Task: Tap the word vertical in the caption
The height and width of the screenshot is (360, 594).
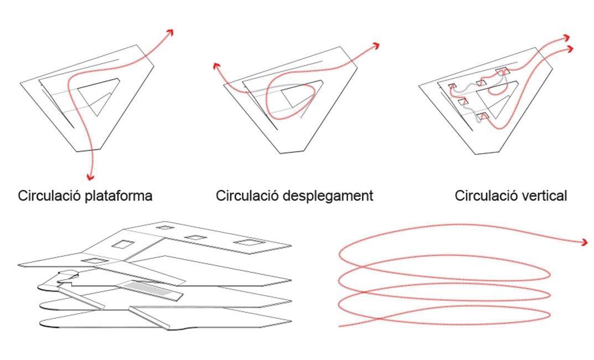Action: coord(541,196)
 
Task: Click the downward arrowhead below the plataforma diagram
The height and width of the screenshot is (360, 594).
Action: coord(90,177)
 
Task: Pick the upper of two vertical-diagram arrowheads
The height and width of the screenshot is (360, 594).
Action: coord(566,38)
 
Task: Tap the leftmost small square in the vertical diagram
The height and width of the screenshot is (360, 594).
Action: coord(452,86)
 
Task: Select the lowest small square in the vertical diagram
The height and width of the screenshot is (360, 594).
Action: coord(483,116)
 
